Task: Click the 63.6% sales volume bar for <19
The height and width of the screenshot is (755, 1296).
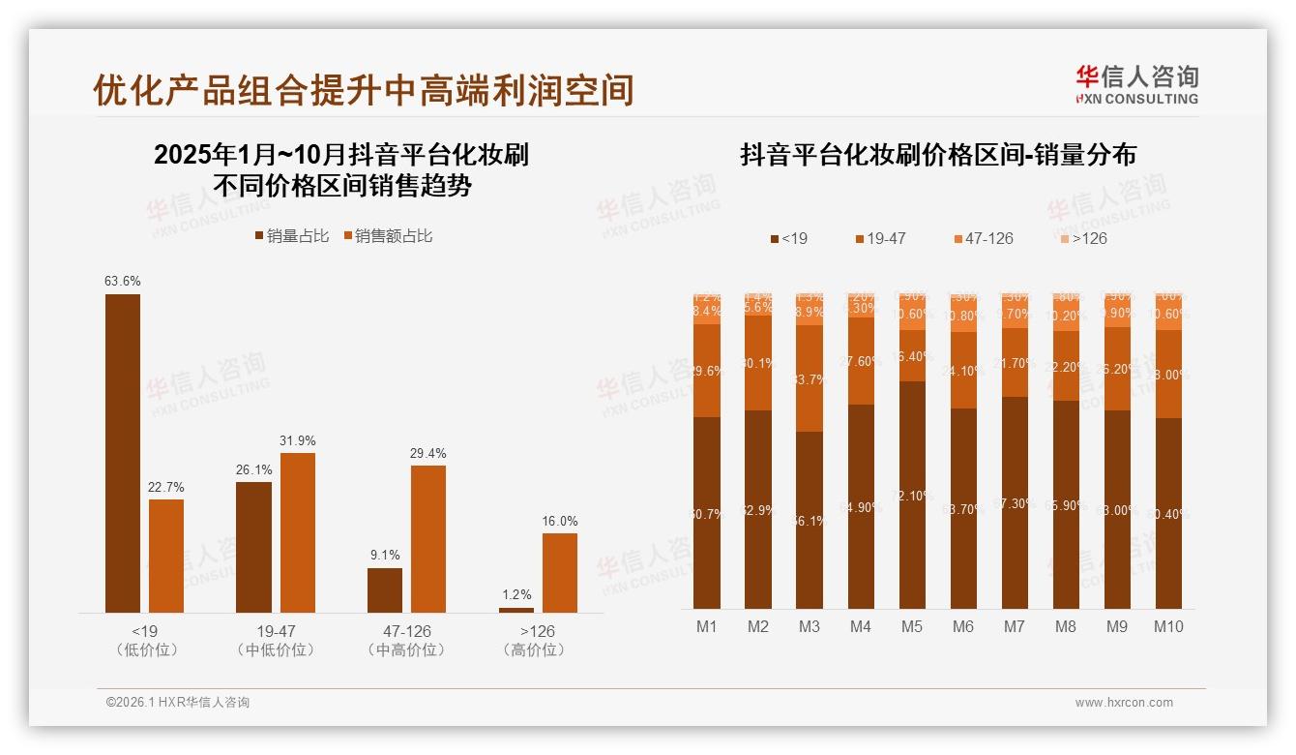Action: [x=123, y=453]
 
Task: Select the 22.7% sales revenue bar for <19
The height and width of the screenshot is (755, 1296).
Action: [x=166, y=556]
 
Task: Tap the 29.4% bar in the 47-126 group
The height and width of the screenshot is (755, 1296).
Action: [x=428, y=538]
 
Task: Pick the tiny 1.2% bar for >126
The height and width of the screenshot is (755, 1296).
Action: [x=516, y=610]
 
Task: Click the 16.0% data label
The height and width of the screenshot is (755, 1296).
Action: [x=559, y=521]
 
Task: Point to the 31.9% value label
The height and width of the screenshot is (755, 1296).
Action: [x=297, y=440]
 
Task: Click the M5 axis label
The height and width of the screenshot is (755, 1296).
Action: [x=912, y=626]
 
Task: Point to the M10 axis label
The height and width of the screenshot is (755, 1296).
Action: [x=1168, y=626]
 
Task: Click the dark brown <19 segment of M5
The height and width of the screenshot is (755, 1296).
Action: [x=912, y=495]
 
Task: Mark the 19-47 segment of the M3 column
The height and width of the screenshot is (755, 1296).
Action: [x=810, y=378]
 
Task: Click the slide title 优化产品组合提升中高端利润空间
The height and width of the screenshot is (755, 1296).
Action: [x=363, y=90]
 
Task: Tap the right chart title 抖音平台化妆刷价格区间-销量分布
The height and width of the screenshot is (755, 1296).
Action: [x=938, y=155]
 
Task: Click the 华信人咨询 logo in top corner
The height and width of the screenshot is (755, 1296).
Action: [x=1136, y=84]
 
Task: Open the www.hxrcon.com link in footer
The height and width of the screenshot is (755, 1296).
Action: [x=1124, y=703]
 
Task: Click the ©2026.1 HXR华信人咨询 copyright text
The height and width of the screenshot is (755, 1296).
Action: [x=178, y=703]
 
